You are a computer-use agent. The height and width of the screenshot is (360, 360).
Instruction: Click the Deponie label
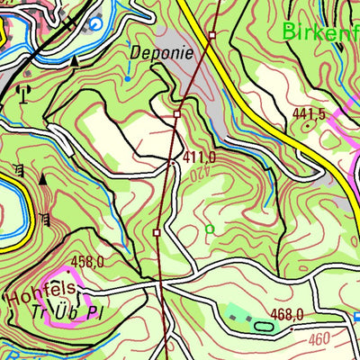(x=161, y=52)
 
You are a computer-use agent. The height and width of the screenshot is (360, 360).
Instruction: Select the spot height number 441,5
(x=309, y=114)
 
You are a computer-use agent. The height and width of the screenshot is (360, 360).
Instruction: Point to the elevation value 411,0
(x=199, y=157)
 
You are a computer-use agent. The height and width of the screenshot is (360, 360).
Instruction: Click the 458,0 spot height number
(x=88, y=262)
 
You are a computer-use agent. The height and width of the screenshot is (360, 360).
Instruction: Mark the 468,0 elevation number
(x=287, y=314)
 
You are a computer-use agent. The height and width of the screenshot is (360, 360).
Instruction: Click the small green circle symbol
(x=210, y=229)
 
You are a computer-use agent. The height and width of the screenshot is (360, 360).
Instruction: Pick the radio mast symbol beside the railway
(x=23, y=90)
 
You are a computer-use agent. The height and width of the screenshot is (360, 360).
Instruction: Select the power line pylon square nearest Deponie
(x=177, y=114)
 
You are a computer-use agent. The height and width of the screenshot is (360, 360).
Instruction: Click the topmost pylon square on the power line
(x=211, y=35)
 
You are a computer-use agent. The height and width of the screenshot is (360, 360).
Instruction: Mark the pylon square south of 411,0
(x=157, y=232)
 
